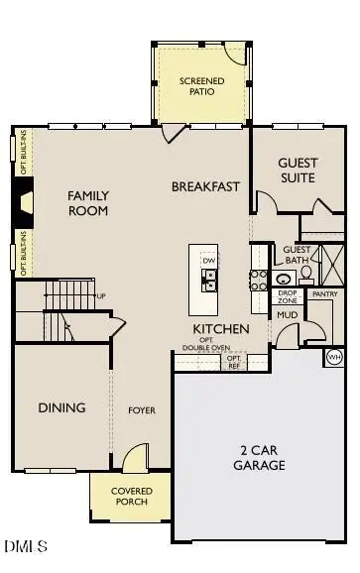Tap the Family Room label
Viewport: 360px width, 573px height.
[x=88, y=203]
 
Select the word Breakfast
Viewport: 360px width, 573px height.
[x=206, y=186]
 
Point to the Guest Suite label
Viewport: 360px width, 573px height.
[x=297, y=171]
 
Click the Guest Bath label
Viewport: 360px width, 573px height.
[x=297, y=255]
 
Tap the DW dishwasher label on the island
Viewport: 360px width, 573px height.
[x=208, y=260]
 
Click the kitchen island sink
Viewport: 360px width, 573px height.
[x=209, y=279]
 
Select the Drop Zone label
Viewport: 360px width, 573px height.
[x=288, y=295]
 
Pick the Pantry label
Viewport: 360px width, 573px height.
[x=324, y=294]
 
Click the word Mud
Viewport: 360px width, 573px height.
[x=288, y=314]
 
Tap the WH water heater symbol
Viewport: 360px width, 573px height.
[x=334, y=356]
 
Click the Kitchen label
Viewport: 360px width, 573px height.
[x=221, y=329]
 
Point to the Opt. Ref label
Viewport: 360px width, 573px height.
[x=234, y=363]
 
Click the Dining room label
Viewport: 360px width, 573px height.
[x=61, y=407]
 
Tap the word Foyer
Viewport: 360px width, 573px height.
[x=142, y=409]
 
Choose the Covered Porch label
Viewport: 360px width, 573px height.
[x=130, y=496]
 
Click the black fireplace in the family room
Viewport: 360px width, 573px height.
[x=26, y=203]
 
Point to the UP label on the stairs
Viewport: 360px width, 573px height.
[x=101, y=295]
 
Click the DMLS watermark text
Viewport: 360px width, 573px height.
[x=26, y=546]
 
